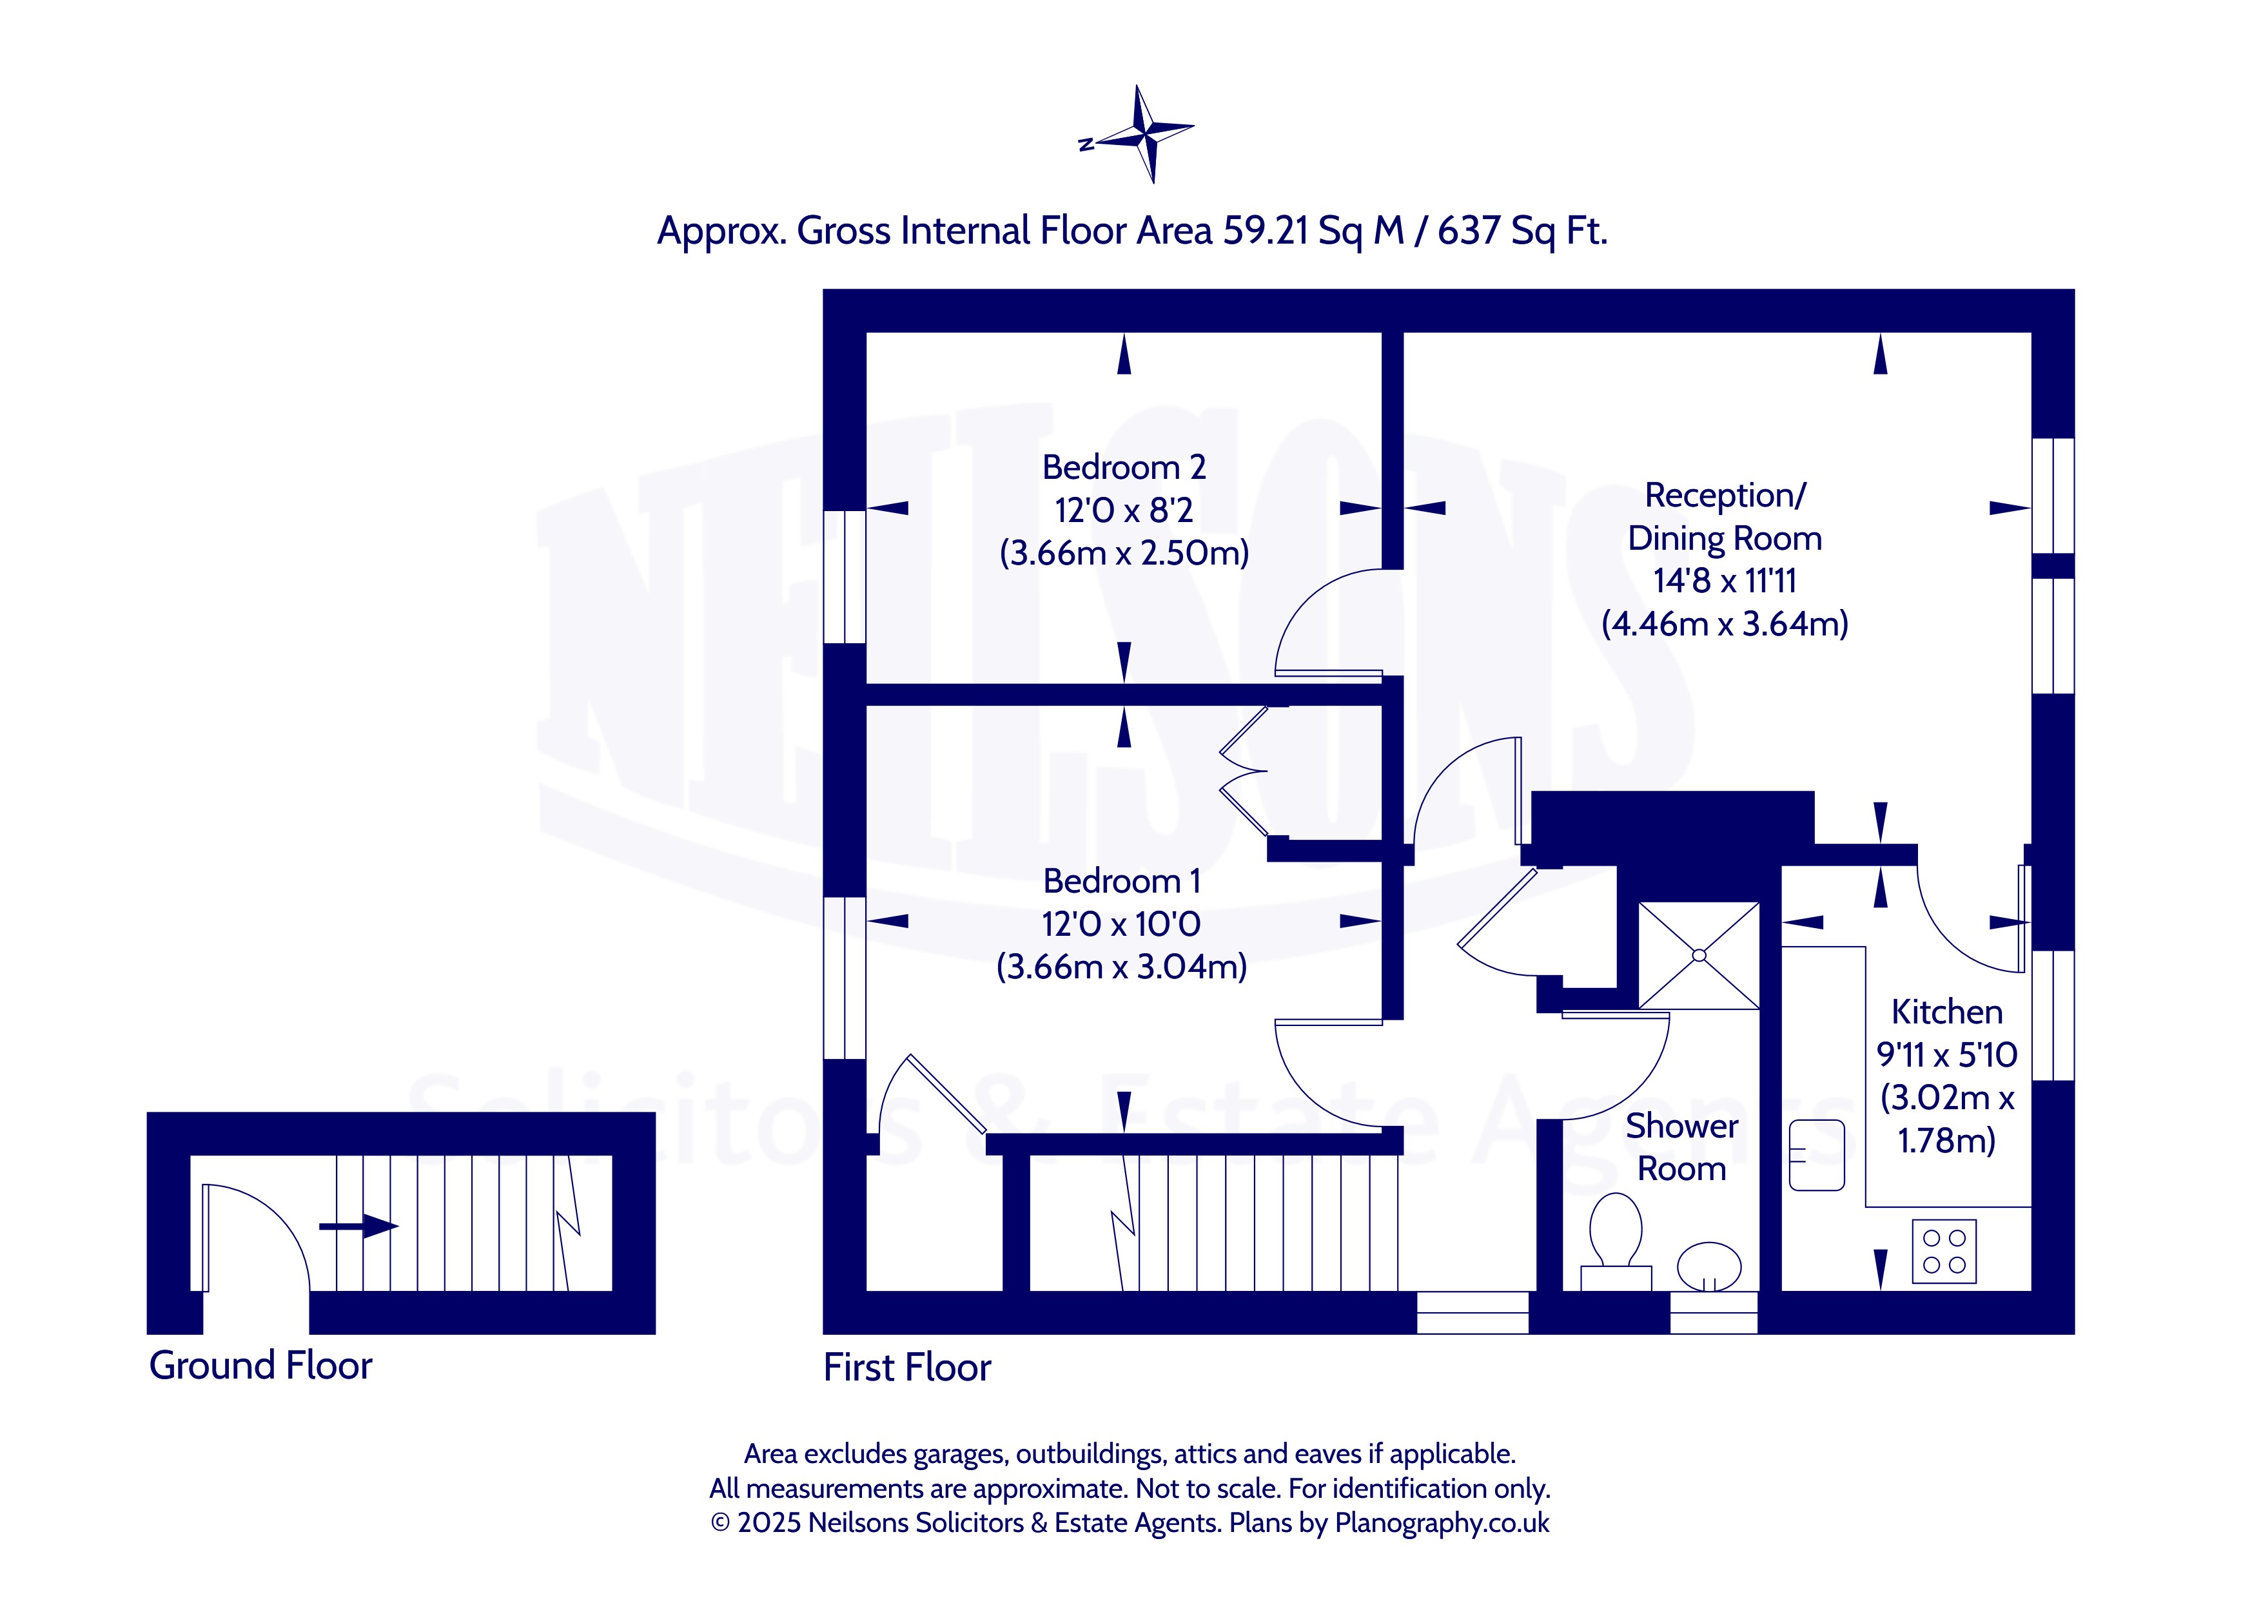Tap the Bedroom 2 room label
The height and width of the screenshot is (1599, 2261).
(x=1124, y=467)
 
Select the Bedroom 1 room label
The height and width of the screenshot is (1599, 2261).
(x=1122, y=880)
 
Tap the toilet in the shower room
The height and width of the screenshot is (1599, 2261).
(x=1615, y=1241)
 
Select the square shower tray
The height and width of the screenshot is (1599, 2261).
(x=1699, y=955)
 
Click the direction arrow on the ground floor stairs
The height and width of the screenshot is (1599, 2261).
(x=358, y=1226)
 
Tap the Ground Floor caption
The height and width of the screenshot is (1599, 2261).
(x=261, y=1366)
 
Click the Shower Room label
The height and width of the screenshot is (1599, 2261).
(x=1682, y=1147)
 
